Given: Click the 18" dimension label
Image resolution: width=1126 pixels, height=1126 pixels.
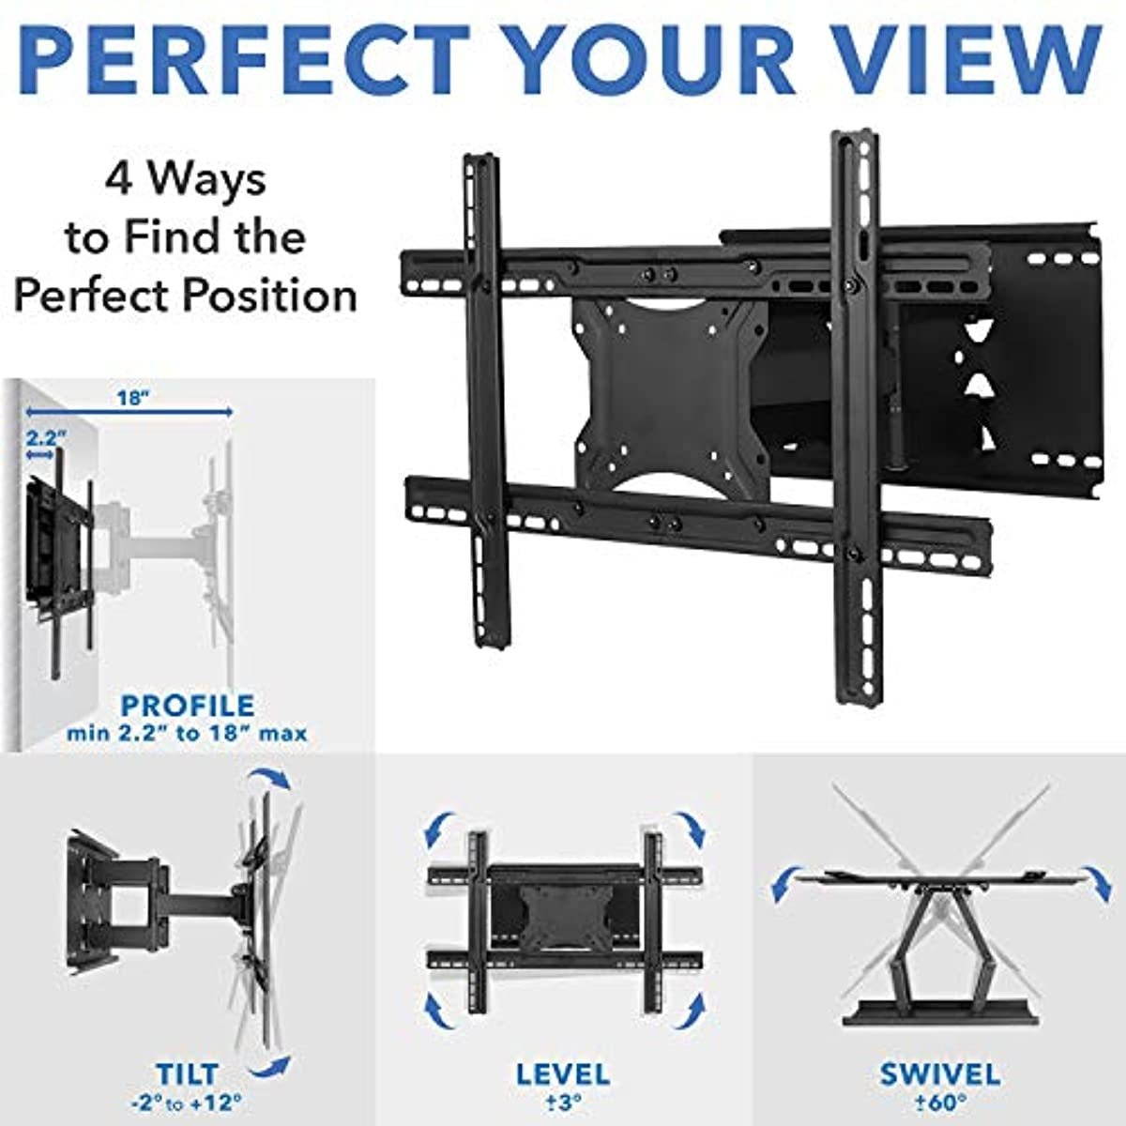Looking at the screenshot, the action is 133,399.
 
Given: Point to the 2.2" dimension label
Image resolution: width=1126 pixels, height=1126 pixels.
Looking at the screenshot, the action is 44,437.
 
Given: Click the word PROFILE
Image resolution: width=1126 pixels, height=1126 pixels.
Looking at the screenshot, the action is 188,707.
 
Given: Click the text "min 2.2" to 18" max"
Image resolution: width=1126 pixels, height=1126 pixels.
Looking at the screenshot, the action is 187,734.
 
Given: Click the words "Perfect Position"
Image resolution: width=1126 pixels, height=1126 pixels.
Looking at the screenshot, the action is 185,297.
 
